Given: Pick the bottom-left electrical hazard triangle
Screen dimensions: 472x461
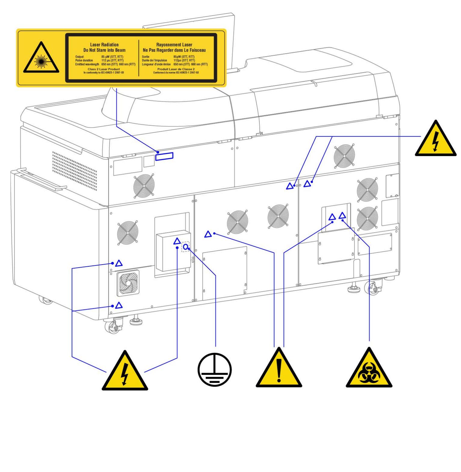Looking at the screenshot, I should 125,373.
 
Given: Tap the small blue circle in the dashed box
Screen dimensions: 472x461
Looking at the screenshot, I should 186,247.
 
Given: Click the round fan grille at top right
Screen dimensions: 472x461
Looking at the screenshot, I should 344,156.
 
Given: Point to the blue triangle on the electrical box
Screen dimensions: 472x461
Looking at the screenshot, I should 177,241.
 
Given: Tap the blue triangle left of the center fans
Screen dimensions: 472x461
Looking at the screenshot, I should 208,234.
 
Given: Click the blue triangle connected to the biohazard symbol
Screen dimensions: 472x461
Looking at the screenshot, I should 342,216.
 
